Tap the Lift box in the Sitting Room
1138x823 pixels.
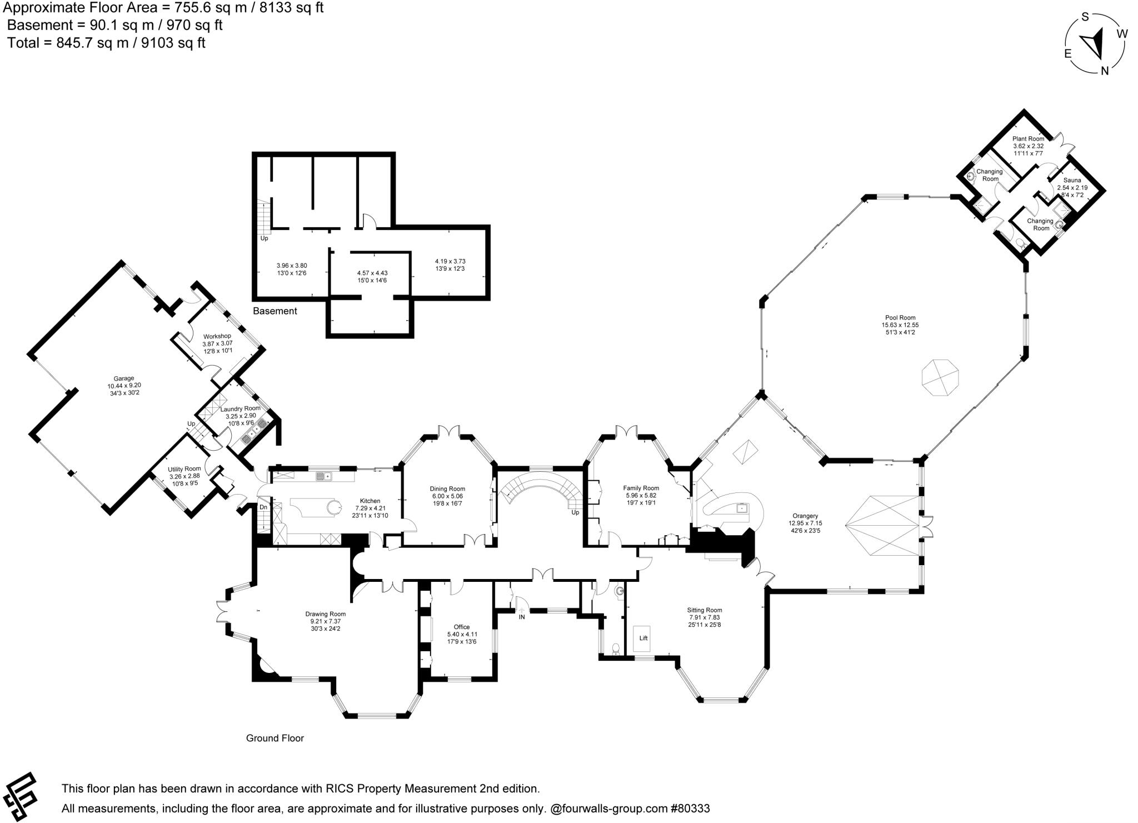coord(643,638)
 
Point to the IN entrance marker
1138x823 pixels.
coord(522,616)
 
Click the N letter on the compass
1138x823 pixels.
coord(1105,71)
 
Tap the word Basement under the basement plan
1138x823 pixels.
coord(274,311)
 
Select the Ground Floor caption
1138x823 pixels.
coord(275,738)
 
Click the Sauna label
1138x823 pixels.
coord(1072,181)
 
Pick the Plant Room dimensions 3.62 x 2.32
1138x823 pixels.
coord(1028,146)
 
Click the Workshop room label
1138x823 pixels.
coord(217,336)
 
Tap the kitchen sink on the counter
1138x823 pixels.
coord(323,476)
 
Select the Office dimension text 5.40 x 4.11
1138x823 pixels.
coord(462,634)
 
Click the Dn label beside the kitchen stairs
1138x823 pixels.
coord(263,507)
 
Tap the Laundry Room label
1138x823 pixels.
coord(240,408)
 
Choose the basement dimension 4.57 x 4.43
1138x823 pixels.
coord(372,273)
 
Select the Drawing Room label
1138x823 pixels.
coord(325,614)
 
